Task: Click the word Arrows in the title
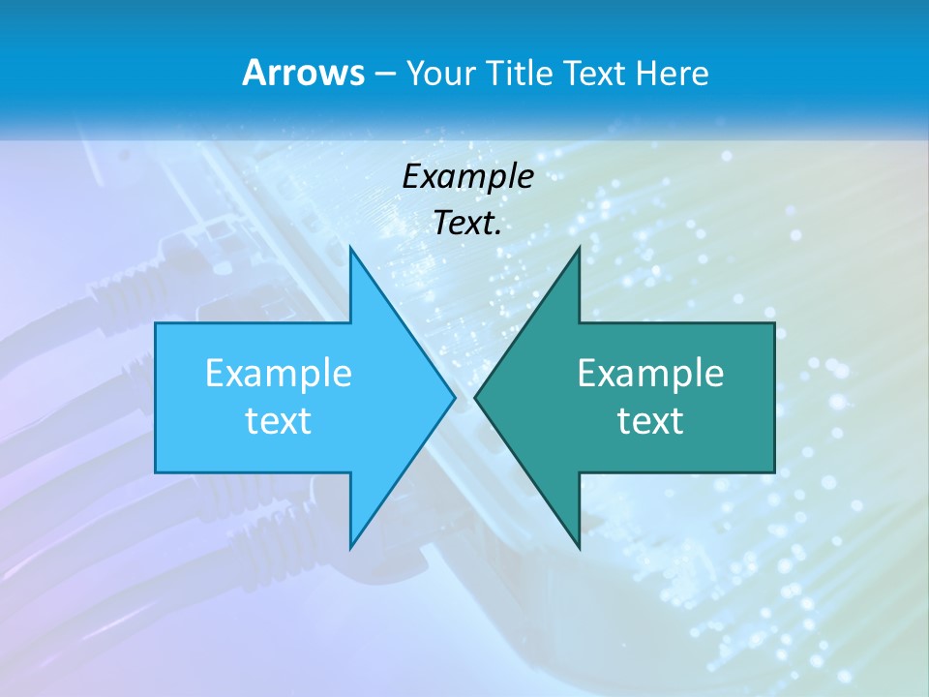click(x=303, y=73)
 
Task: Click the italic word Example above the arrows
click(x=467, y=176)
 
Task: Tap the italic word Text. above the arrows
click(x=467, y=223)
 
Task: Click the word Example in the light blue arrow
click(x=278, y=373)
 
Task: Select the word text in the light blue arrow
click(x=278, y=420)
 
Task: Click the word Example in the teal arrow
click(x=650, y=373)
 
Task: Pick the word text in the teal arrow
click(x=650, y=420)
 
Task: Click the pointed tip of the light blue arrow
click(x=454, y=397)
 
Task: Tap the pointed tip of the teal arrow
click(x=475, y=397)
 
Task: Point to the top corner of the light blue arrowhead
click(x=350, y=248)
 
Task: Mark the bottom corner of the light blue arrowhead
click(x=350, y=547)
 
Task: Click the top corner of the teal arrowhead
click(x=579, y=248)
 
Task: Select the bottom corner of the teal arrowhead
click(x=579, y=547)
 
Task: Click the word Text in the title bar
click(x=595, y=74)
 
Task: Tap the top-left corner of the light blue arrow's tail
click(x=156, y=323)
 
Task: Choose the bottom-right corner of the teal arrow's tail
click(x=774, y=472)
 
